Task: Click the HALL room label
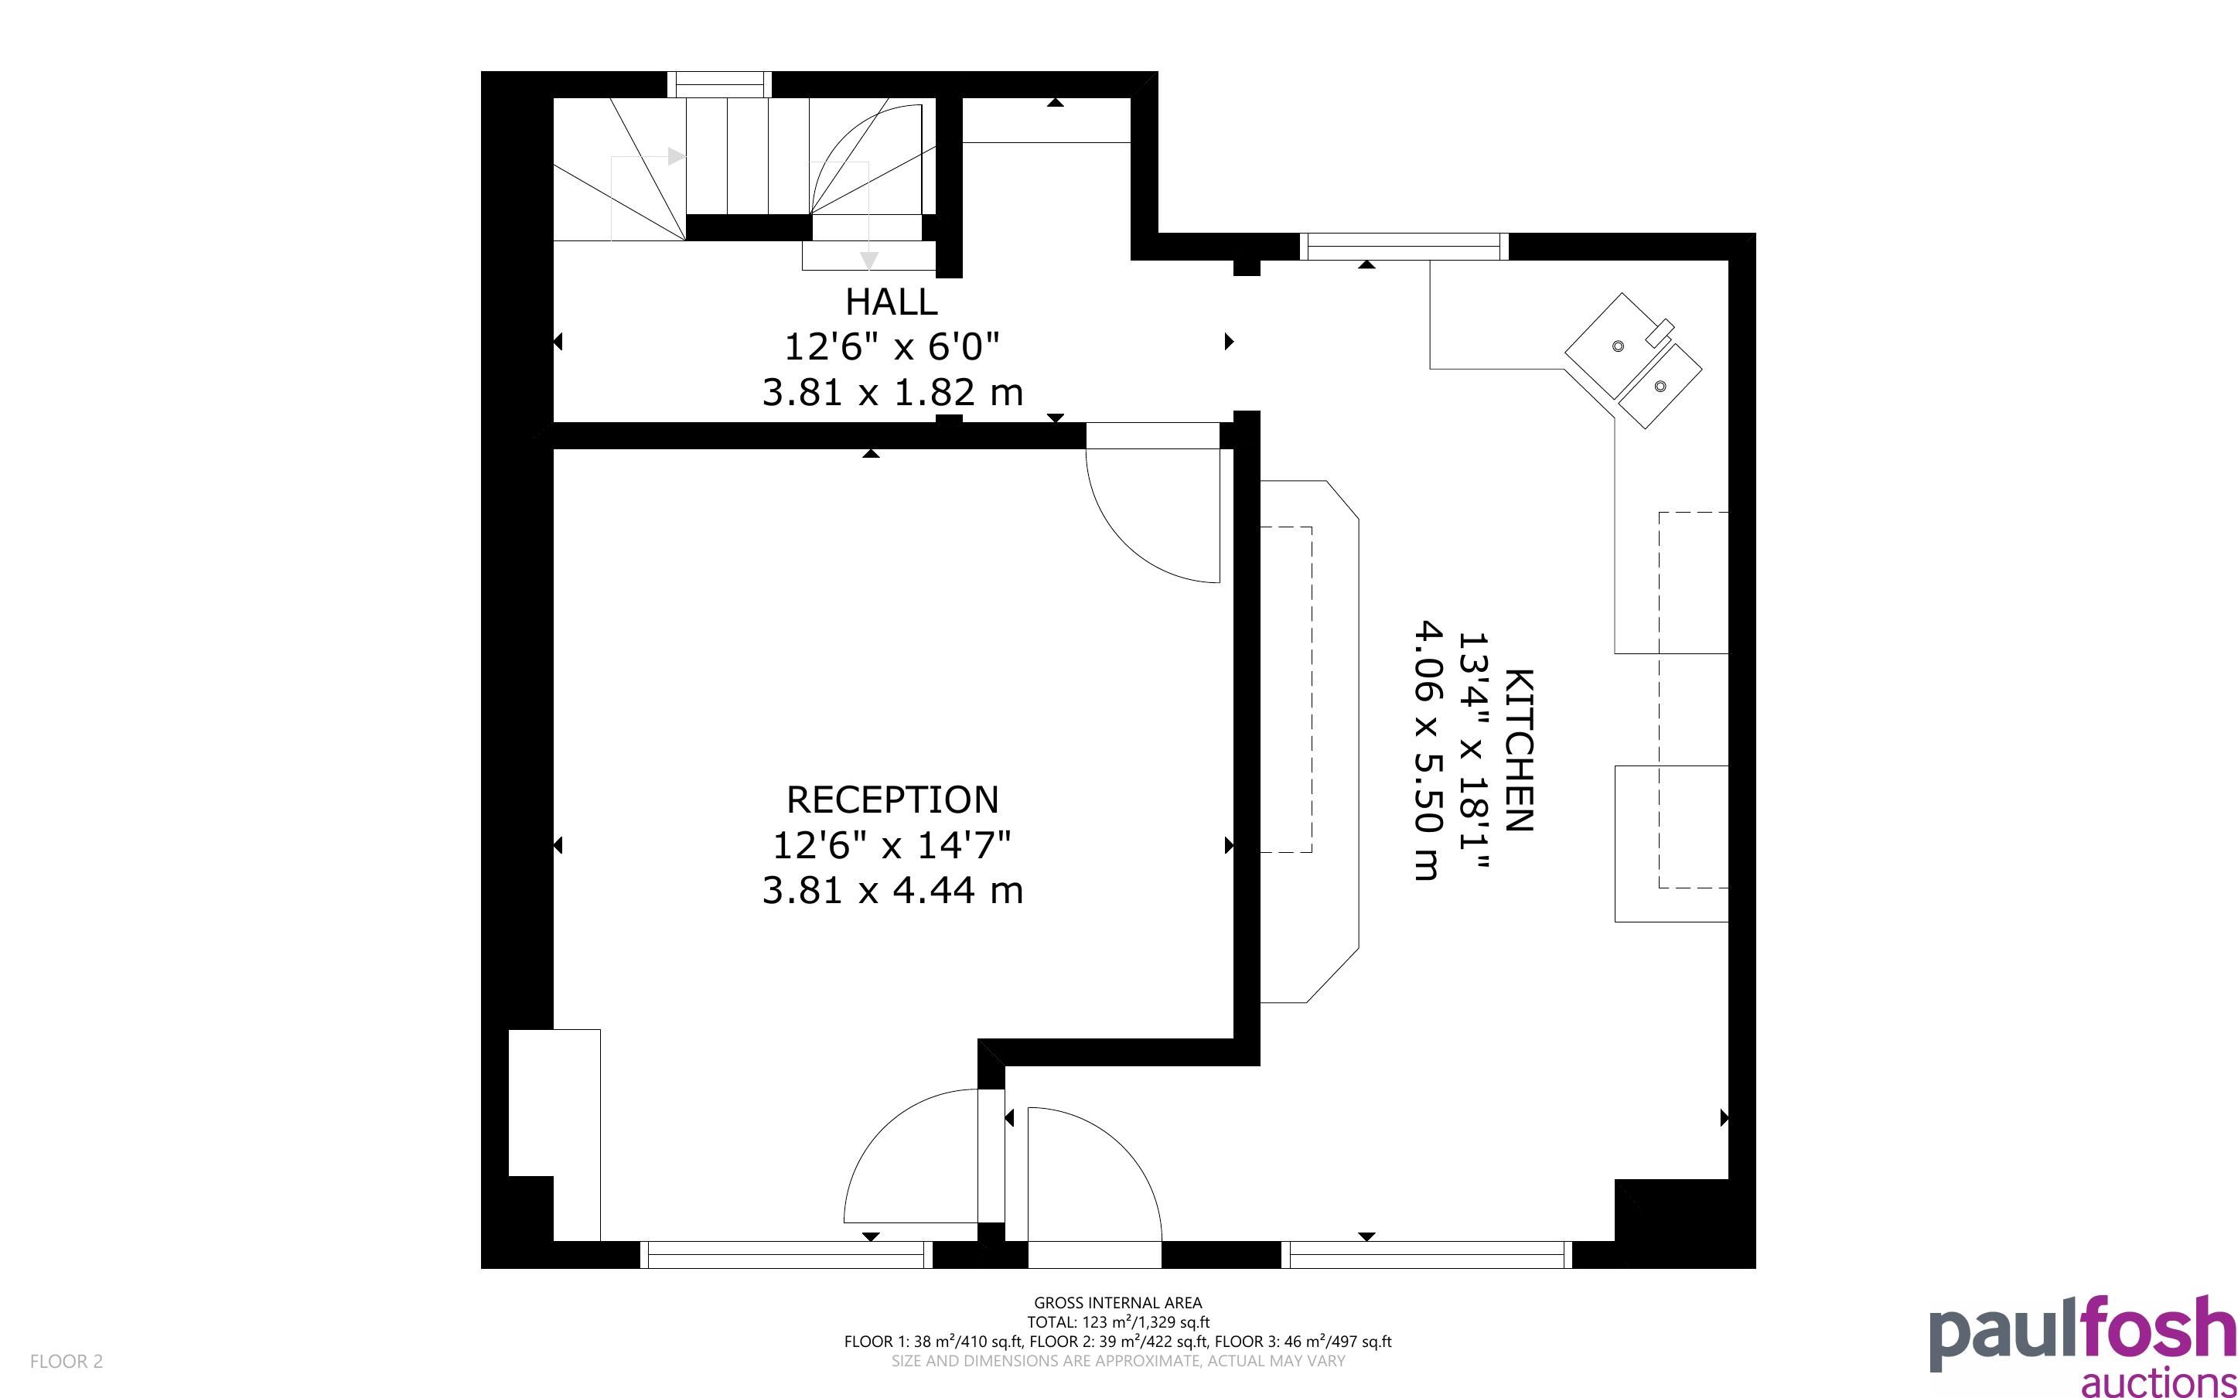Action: pyautogui.click(x=891, y=302)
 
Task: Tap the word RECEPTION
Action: pyautogui.click(x=892, y=799)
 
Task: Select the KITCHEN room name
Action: pyautogui.click(x=1519, y=750)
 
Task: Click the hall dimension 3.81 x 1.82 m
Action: pyautogui.click(x=892, y=392)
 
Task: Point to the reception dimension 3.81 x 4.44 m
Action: pyautogui.click(x=892, y=889)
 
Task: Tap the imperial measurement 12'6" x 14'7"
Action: pyautogui.click(x=892, y=844)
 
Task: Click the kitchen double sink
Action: pyautogui.click(x=1632, y=360)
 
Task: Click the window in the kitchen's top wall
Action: pyautogui.click(x=1404, y=247)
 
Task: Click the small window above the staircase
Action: pyautogui.click(x=719, y=84)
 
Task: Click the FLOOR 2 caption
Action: pyautogui.click(x=67, y=1361)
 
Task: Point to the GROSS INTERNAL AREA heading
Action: pyautogui.click(x=1117, y=1303)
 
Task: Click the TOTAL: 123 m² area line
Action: pyautogui.click(x=1117, y=1322)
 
